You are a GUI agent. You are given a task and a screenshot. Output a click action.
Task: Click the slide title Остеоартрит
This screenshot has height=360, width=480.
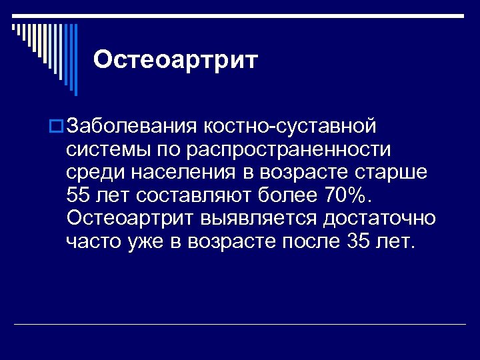175,60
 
